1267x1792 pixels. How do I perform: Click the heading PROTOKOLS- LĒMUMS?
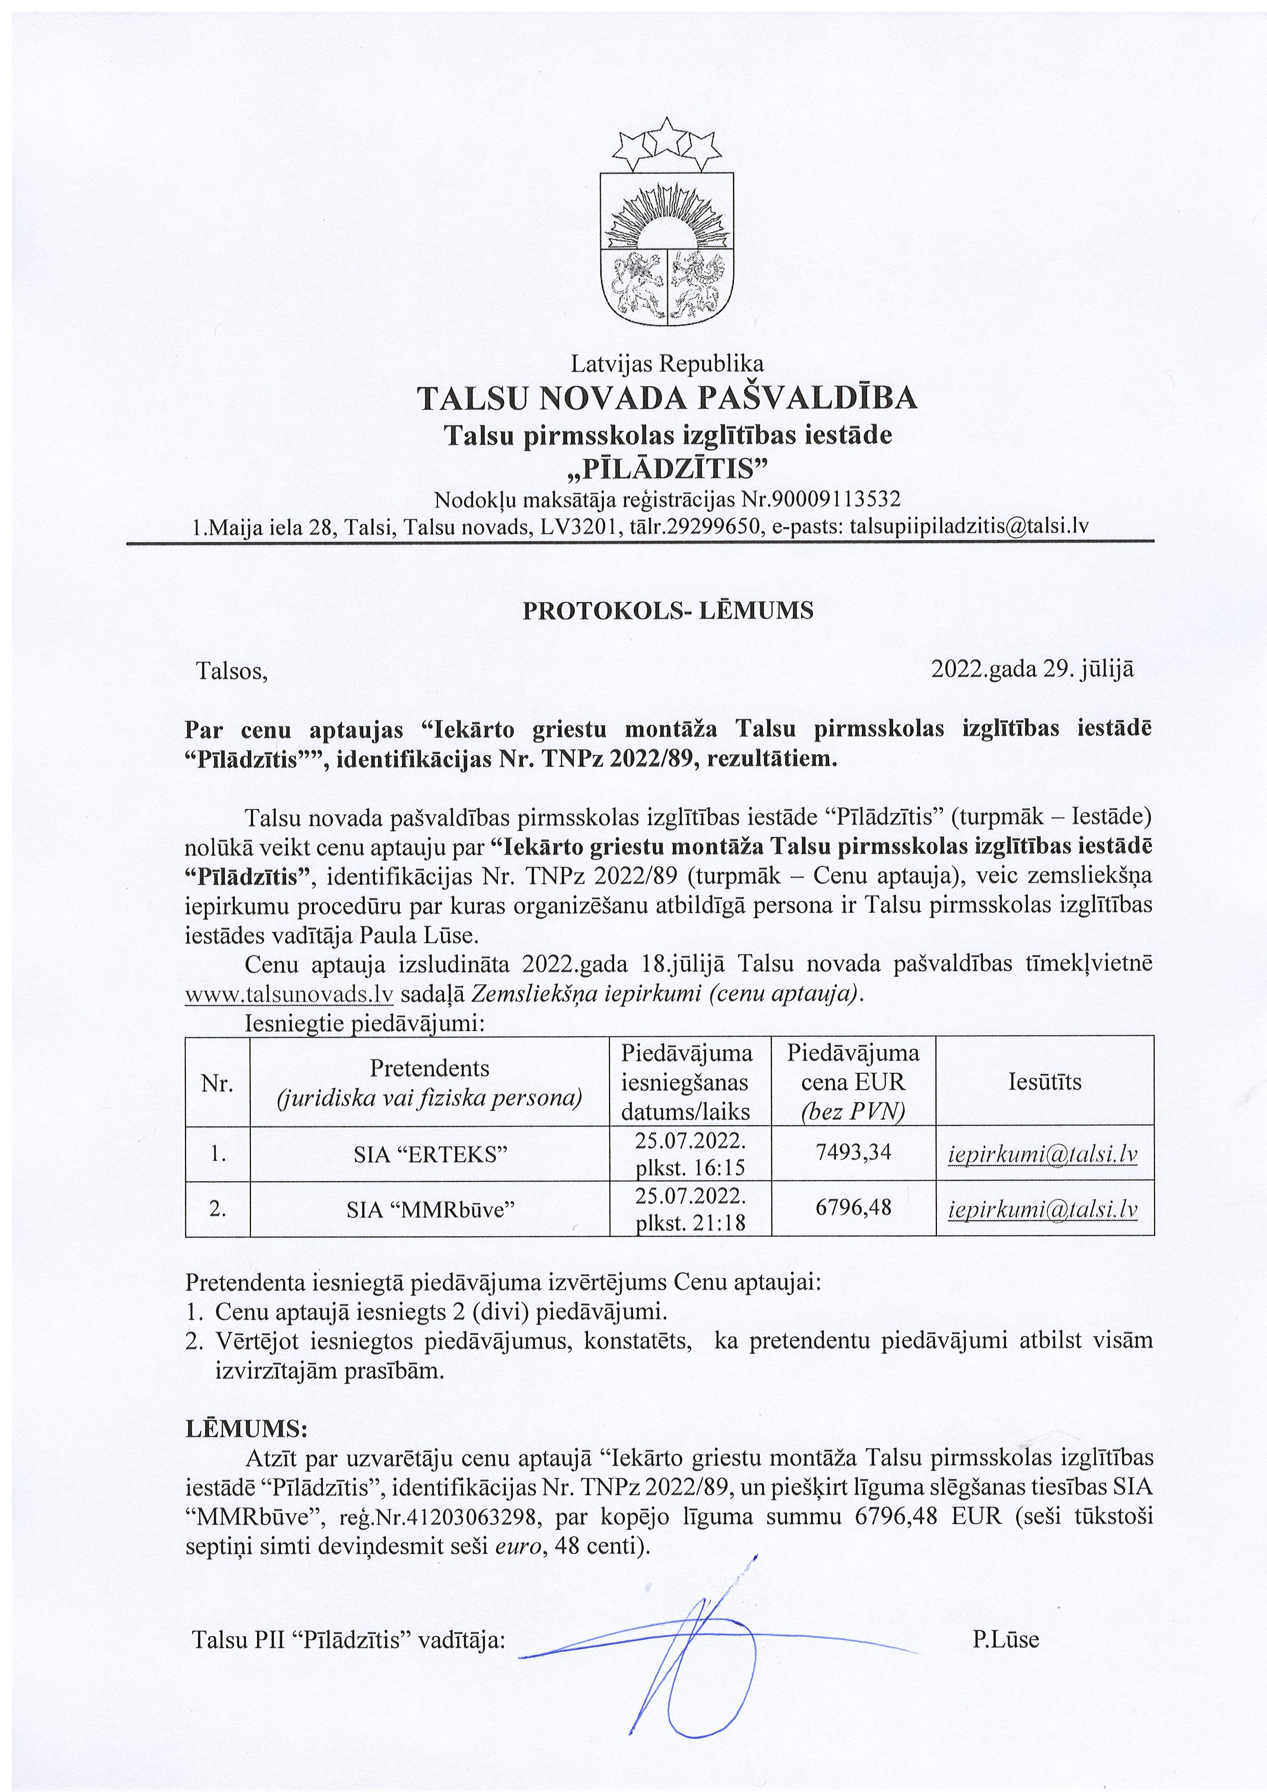667,610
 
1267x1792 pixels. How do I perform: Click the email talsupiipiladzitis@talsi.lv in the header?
969,526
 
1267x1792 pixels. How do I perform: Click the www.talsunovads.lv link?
288,995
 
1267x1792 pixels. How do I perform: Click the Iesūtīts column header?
1045,1082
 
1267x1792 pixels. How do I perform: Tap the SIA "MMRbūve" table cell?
430,1209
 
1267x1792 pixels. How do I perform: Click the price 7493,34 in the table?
853,1152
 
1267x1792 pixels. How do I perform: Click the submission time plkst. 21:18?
690,1223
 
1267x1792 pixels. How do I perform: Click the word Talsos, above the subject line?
232,670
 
